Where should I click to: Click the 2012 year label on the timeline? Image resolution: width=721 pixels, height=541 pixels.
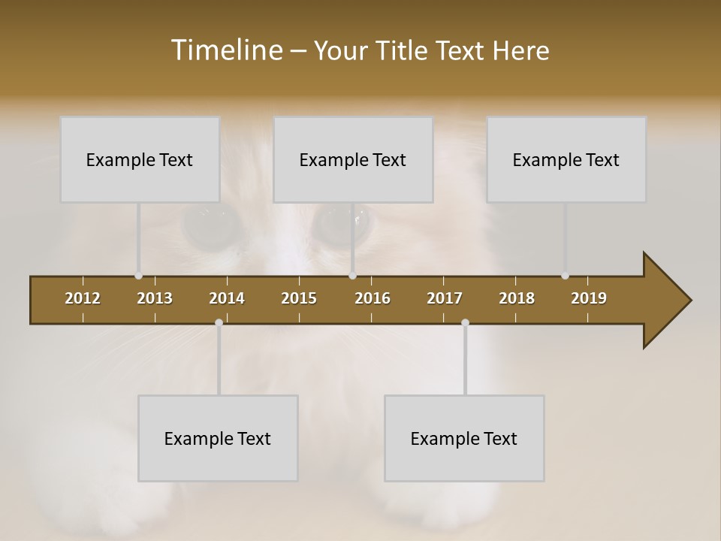[83, 298]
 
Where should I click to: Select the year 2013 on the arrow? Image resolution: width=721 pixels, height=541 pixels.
[155, 298]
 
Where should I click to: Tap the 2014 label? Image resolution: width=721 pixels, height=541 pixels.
[227, 298]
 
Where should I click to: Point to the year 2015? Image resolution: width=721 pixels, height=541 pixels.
[299, 298]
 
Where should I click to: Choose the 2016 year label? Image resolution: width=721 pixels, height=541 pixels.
[373, 298]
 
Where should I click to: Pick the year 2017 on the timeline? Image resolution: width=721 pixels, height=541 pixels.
[445, 298]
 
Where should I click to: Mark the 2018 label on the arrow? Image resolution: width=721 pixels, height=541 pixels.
[517, 298]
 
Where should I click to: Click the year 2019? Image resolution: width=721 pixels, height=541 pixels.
[589, 298]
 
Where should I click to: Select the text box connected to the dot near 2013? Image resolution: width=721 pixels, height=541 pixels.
[140, 159]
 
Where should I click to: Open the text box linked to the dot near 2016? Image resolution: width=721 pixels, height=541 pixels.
[353, 159]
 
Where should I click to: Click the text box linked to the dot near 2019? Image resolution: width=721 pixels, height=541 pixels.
[566, 159]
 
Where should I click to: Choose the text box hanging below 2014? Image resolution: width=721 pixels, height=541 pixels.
[218, 438]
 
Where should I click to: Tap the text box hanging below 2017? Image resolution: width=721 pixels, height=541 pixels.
[464, 438]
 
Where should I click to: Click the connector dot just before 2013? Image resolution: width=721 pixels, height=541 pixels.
[138, 276]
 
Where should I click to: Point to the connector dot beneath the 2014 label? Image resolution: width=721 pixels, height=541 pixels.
[219, 322]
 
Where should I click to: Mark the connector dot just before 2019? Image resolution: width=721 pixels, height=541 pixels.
[565, 276]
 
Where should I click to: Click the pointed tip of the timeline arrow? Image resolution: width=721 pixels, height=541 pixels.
[689, 301]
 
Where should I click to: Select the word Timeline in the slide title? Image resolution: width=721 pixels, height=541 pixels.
[226, 50]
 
